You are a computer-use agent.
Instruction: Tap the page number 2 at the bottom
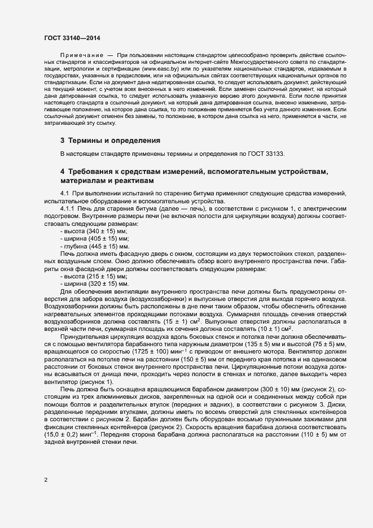46,481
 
